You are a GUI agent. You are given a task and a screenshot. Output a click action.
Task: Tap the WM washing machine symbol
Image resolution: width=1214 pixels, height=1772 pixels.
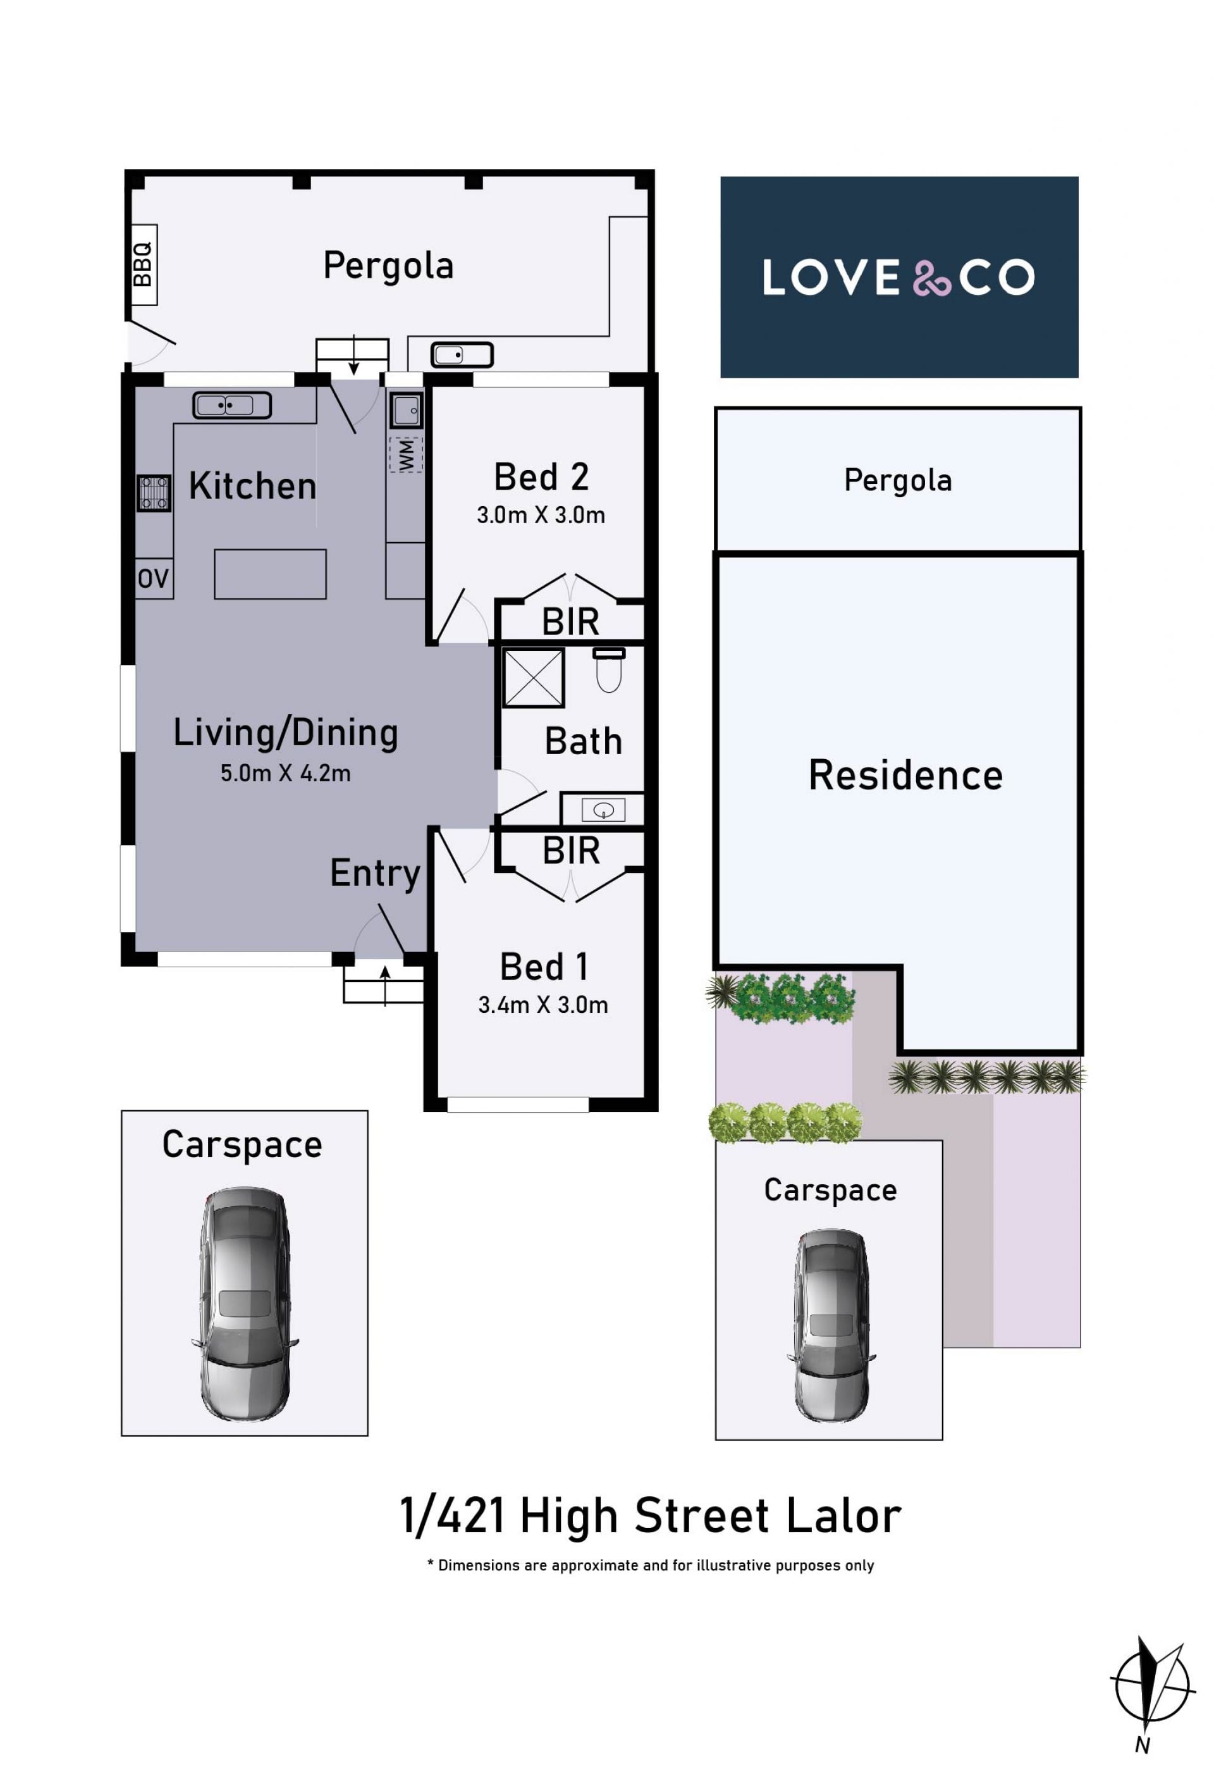point(406,454)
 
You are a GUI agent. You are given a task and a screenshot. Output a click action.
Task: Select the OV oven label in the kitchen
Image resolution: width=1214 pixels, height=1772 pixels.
point(153,579)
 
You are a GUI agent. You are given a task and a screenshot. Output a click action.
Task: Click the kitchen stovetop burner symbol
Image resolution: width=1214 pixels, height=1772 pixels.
point(154,493)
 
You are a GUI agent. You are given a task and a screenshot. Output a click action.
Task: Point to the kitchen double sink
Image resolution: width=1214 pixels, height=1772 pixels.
point(231,405)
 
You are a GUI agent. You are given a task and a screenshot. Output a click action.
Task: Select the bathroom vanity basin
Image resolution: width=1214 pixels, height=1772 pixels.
point(603,810)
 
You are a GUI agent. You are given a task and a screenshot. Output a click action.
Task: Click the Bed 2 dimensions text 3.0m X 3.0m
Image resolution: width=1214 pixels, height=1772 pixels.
point(541,516)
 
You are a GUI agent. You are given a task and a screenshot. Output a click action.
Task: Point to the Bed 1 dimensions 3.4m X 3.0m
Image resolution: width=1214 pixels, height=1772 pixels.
point(543,1005)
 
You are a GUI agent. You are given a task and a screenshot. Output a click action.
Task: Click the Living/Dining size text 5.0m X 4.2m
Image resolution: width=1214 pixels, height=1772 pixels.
point(286,773)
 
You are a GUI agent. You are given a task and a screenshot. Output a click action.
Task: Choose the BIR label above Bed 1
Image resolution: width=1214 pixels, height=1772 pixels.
point(571,851)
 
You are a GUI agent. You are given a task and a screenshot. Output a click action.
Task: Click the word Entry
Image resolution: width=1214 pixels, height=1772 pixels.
point(375,874)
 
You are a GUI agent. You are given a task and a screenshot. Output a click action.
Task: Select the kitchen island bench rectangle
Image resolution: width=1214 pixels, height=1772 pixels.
point(271,574)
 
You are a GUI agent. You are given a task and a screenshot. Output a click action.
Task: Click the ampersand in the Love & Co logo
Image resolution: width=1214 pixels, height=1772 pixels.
point(931,278)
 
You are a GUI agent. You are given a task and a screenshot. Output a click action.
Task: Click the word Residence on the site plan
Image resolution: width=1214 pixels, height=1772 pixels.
point(905,776)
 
